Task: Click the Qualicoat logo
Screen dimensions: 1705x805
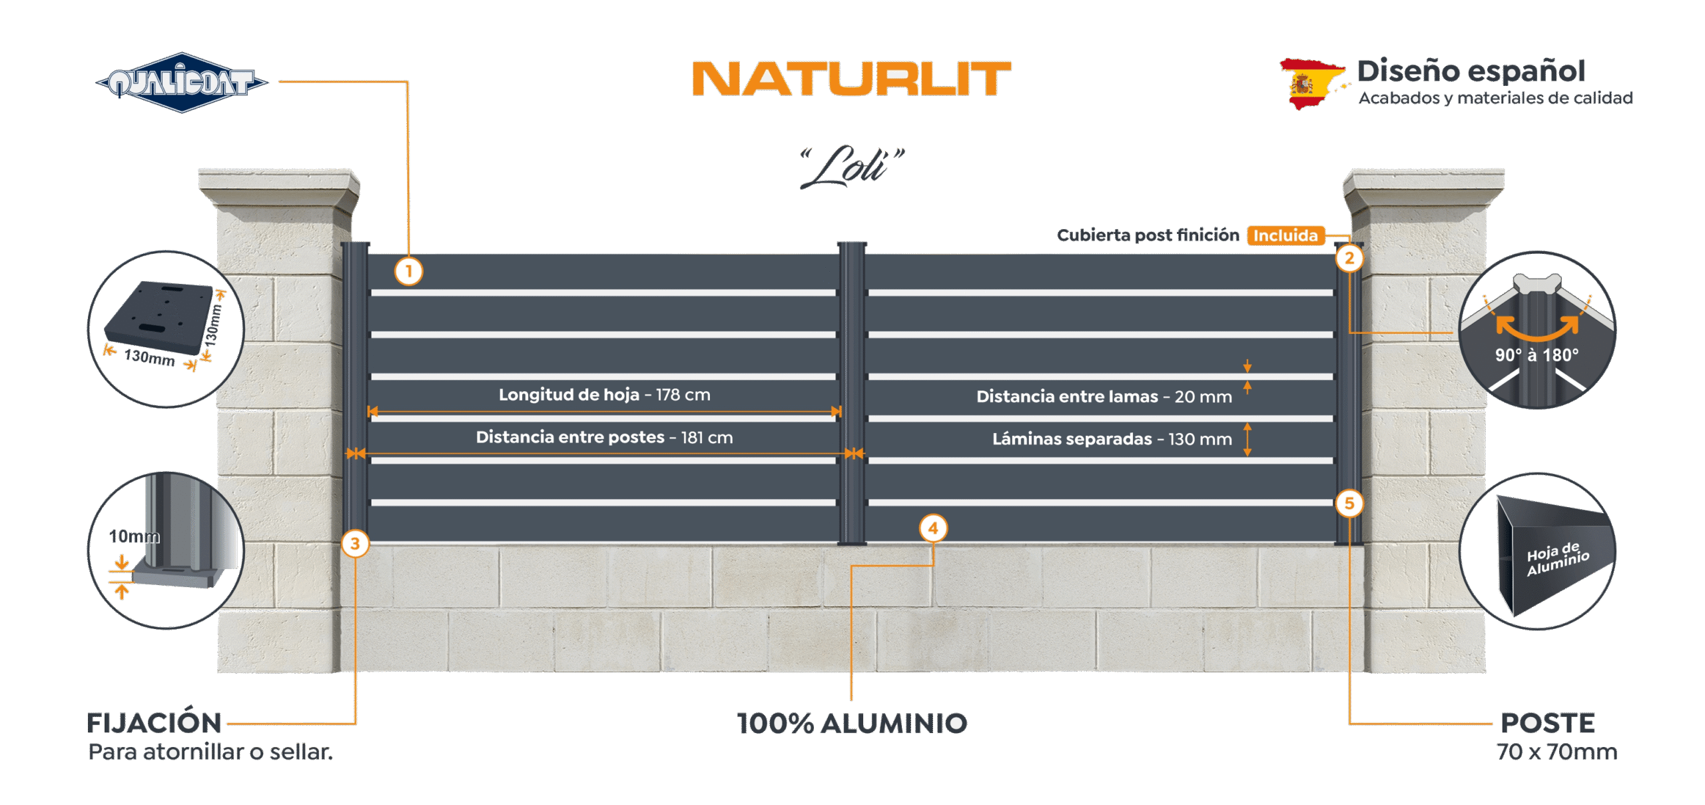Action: point(182,83)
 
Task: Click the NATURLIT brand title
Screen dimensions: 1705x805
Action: point(852,79)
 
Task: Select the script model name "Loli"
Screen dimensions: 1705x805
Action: point(852,166)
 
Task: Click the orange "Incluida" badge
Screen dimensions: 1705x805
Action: point(1285,235)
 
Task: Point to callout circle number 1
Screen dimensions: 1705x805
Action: point(409,271)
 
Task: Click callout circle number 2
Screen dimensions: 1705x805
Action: point(1349,258)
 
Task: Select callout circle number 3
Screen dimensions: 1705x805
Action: point(355,544)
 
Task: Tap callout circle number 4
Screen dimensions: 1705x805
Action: point(933,528)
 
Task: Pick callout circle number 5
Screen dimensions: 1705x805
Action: point(1349,503)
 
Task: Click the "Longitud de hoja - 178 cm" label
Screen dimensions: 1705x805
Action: point(605,395)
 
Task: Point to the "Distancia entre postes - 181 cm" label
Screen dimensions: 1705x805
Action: point(604,437)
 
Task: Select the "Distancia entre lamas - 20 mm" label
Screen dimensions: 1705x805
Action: point(1104,397)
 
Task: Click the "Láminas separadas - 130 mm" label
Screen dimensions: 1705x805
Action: point(1112,439)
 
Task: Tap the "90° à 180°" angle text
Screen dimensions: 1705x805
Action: point(1537,355)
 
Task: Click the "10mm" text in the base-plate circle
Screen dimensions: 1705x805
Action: point(135,536)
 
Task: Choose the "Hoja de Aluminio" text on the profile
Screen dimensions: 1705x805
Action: point(1558,558)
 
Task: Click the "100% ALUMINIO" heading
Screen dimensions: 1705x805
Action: point(852,724)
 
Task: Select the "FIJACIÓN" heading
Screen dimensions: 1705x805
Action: point(154,722)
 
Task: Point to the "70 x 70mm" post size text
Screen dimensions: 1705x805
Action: point(1557,752)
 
